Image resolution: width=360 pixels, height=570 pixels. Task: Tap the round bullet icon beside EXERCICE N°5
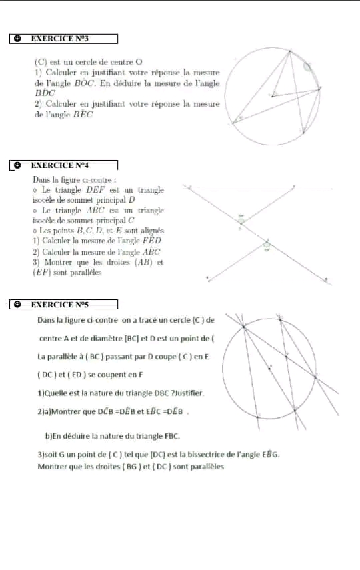[17, 304]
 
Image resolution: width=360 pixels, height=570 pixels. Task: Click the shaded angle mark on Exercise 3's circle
[307, 65]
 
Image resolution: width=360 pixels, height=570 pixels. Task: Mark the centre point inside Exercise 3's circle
[273, 95]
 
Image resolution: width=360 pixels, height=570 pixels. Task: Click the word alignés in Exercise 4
[148, 231]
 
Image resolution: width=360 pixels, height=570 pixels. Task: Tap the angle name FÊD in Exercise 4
[149, 241]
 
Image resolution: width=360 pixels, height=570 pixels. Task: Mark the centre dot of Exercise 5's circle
[270, 367]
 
